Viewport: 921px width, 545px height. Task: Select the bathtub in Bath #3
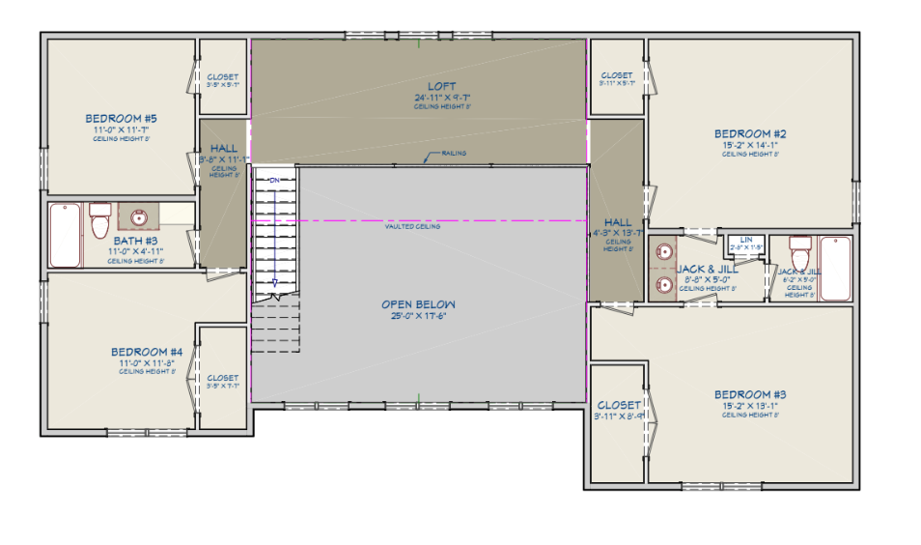point(66,235)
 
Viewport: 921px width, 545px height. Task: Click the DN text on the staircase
point(274,181)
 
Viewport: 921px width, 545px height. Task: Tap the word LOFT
point(441,87)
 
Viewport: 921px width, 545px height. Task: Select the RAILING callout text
point(455,154)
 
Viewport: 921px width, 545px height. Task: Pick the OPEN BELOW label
point(418,304)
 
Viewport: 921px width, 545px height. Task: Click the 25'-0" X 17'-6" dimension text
point(418,316)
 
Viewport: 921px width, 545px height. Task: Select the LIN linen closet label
point(746,239)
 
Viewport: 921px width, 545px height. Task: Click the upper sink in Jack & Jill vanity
point(664,249)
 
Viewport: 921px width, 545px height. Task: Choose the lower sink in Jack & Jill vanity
point(664,283)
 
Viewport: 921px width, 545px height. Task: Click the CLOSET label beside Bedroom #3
point(618,405)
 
